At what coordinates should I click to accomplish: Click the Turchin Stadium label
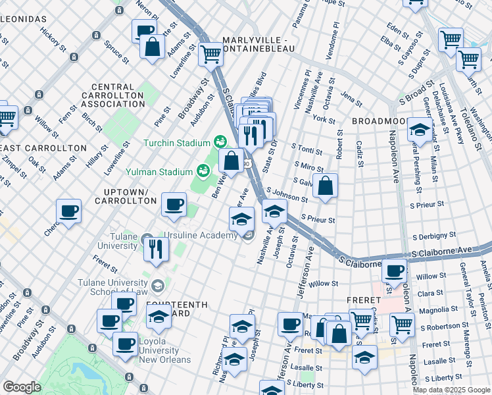tap(176, 142)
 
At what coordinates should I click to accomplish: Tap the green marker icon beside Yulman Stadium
tap(204, 171)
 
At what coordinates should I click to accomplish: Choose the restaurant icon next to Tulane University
tap(157, 248)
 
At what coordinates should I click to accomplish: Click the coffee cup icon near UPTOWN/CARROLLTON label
tap(174, 204)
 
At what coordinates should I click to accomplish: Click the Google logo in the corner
tap(22, 387)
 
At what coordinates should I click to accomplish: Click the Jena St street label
tap(351, 100)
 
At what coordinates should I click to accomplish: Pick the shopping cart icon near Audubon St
tap(211, 54)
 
